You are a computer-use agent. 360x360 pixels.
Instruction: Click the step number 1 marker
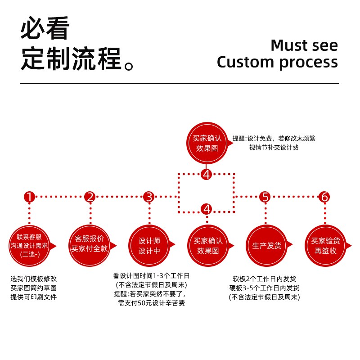click(x=29, y=197)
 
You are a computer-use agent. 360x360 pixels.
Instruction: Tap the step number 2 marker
click(x=90, y=197)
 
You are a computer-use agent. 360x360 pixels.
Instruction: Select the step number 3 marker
click(x=149, y=197)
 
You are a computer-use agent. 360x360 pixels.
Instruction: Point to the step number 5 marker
click(x=265, y=197)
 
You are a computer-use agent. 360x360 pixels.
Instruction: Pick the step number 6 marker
click(x=324, y=197)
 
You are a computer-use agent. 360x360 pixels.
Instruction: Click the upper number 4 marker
click(x=207, y=174)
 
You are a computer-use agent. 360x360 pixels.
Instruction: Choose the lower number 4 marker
click(x=207, y=209)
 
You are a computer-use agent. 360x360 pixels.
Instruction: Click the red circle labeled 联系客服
click(x=30, y=245)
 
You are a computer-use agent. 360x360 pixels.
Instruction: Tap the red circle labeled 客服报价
click(x=90, y=245)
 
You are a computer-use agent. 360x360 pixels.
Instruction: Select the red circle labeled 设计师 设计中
click(x=149, y=246)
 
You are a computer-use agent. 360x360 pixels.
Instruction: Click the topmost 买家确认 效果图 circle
click(x=207, y=143)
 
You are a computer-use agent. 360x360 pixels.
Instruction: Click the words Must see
click(x=304, y=45)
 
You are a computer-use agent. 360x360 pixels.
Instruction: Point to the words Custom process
click(x=277, y=62)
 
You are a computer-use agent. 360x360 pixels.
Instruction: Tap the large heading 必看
click(x=45, y=29)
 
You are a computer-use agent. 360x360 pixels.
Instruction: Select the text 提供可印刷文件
click(x=34, y=297)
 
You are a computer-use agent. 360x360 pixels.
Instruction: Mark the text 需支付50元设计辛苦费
click(x=151, y=303)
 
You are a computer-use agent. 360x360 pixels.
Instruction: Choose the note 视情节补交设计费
click(x=274, y=147)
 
